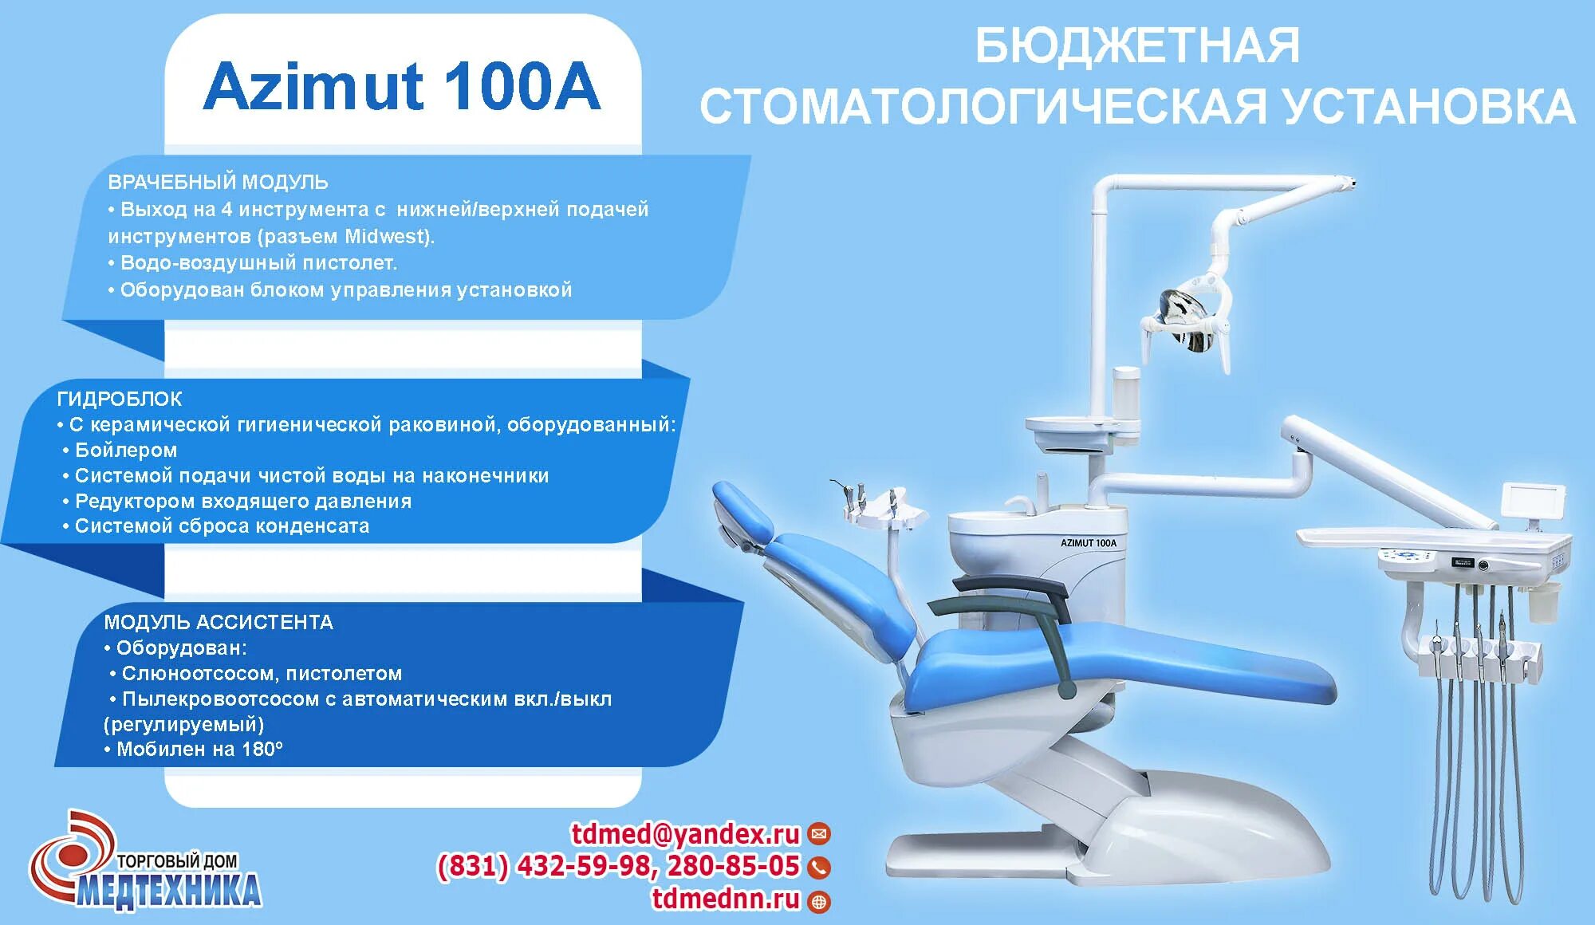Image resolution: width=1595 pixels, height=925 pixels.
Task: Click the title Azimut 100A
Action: [402, 86]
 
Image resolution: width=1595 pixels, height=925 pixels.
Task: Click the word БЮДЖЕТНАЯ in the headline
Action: [1137, 46]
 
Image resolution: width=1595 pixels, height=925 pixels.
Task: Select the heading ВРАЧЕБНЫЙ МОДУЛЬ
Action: [218, 182]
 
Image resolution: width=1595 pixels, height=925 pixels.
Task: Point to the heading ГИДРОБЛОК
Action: [120, 399]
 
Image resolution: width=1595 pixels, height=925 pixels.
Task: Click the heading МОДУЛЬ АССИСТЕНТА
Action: [219, 622]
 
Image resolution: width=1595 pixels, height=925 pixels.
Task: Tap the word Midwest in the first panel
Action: [387, 236]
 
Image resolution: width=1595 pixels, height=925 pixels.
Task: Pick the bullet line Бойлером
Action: [125, 451]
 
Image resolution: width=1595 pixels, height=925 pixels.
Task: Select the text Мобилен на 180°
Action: [199, 750]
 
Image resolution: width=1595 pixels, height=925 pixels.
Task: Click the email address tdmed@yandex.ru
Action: [685, 834]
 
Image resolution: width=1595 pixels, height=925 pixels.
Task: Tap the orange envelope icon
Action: [819, 835]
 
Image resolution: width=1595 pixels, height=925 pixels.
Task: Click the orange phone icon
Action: [819, 867]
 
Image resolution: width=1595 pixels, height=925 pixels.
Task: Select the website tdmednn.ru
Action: [726, 899]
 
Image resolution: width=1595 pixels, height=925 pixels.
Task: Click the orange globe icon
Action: [819, 901]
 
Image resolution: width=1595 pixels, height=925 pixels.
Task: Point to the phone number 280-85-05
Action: [733, 866]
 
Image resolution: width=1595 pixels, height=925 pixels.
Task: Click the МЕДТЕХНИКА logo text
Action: [169, 890]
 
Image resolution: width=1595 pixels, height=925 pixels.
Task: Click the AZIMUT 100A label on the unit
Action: [1088, 543]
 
